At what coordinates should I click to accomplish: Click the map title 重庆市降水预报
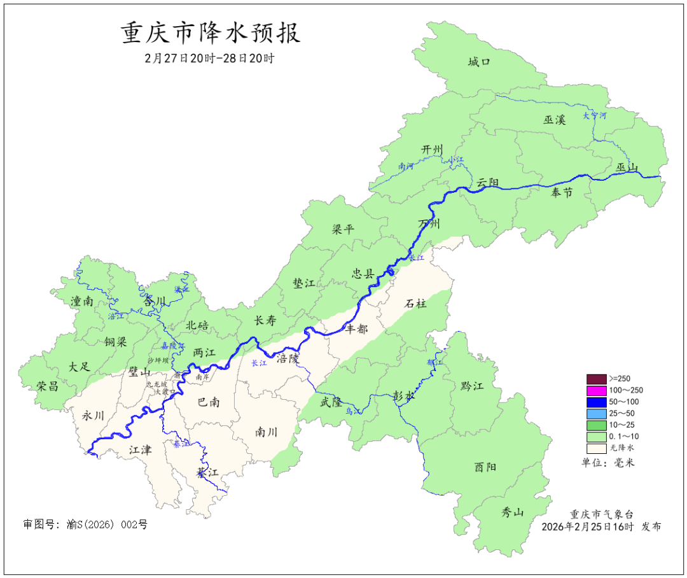tap(211, 33)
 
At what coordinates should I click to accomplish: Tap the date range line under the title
tap(209, 58)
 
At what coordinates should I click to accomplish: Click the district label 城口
tap(478, 62)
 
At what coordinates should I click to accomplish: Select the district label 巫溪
tap(554, 119)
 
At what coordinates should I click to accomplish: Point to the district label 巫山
tap(627, 167)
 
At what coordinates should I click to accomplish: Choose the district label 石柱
tap(416, 304)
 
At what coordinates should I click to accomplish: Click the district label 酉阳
tap(485, 467)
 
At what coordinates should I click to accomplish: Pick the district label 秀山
tap(513, 512)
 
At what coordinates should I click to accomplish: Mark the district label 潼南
tap(83, 301)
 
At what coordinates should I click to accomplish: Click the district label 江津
tap(140, 449)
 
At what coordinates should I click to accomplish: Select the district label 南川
tap(266, 432)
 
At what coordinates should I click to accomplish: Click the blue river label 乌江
tap(353, 412)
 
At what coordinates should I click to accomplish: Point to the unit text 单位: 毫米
tap(608, 462)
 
